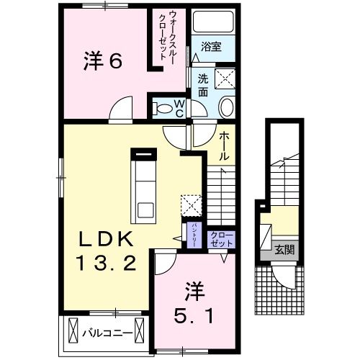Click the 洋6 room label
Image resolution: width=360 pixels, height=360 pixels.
104,61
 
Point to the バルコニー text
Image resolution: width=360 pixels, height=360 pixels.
105,333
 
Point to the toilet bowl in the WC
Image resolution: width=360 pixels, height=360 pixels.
161,109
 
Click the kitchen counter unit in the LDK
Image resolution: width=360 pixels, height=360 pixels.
143,186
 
